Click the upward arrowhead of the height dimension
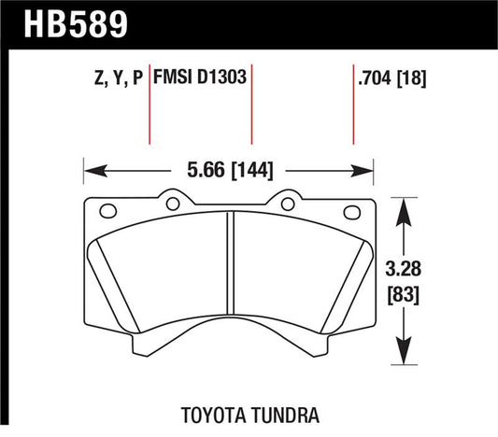[x=403, y=206]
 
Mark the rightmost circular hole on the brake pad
[x=351, y=210]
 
